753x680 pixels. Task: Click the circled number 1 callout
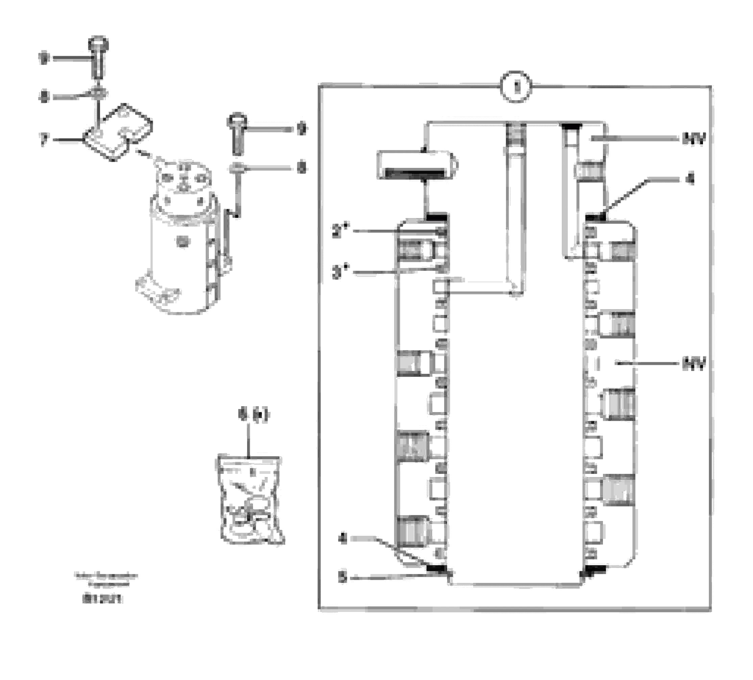[x=516, y=87]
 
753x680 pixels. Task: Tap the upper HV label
[x=694, y=139]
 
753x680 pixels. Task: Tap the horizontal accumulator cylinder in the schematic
[x=416, y=165]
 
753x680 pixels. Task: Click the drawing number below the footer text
[x=102, y=598]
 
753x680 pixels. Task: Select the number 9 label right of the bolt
[x=301, y=129]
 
